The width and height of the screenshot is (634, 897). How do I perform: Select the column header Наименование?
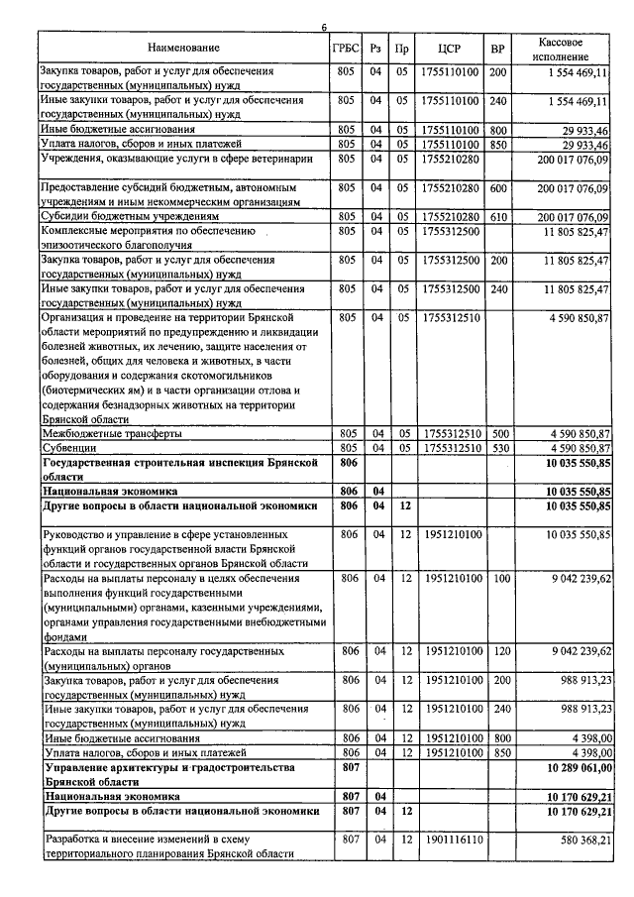point(183,48)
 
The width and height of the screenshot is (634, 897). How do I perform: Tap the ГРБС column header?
point(346,48)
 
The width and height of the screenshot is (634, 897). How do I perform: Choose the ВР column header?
point(498,48)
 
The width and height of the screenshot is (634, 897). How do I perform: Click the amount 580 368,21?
point(579,841)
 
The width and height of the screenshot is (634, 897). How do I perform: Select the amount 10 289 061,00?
point(572,769)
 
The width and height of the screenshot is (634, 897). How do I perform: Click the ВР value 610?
point(498,216)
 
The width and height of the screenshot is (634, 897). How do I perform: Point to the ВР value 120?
point(498,651)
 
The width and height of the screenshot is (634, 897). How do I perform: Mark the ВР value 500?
point(498,433)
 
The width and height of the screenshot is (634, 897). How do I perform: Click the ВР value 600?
point(498,187)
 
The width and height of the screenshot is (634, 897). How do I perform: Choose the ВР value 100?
point(498,577)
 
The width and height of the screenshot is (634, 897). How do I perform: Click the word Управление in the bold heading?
point(80,768)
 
